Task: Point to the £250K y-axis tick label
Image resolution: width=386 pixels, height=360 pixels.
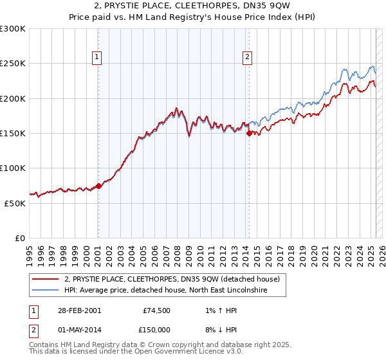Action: (x=13, y=64)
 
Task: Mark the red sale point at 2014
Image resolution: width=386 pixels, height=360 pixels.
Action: (x=249, y=134)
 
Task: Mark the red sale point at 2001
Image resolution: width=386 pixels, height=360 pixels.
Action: (x=98, y=186)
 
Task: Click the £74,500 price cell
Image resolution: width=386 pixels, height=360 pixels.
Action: (x=155, y=310)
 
